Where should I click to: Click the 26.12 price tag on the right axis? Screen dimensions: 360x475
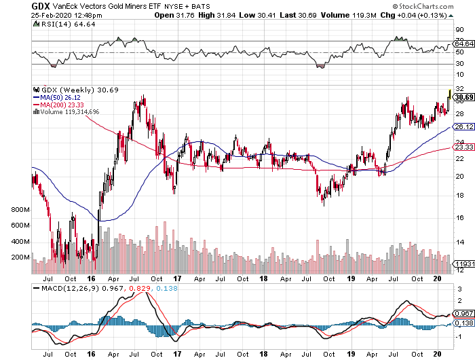click(463, 127)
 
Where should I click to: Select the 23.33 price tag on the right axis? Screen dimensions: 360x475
click(463, 147)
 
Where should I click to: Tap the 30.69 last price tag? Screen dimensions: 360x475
click(463, 96)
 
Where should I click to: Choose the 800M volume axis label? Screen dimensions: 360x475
click(21, 211)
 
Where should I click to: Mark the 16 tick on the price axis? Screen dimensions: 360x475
click(459, 217)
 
